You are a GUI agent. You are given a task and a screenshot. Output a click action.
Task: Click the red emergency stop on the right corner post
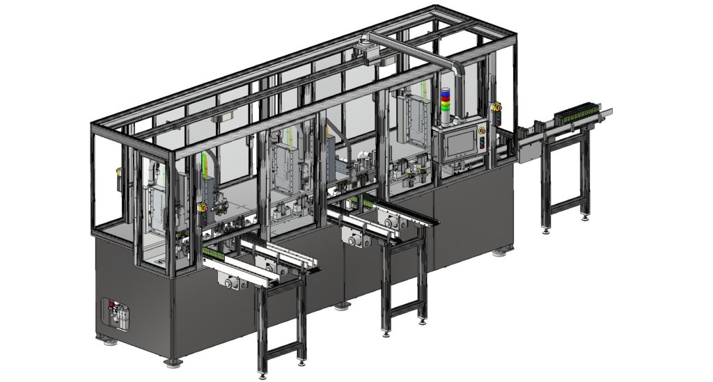497,107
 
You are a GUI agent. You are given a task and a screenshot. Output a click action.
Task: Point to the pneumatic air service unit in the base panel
116,315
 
